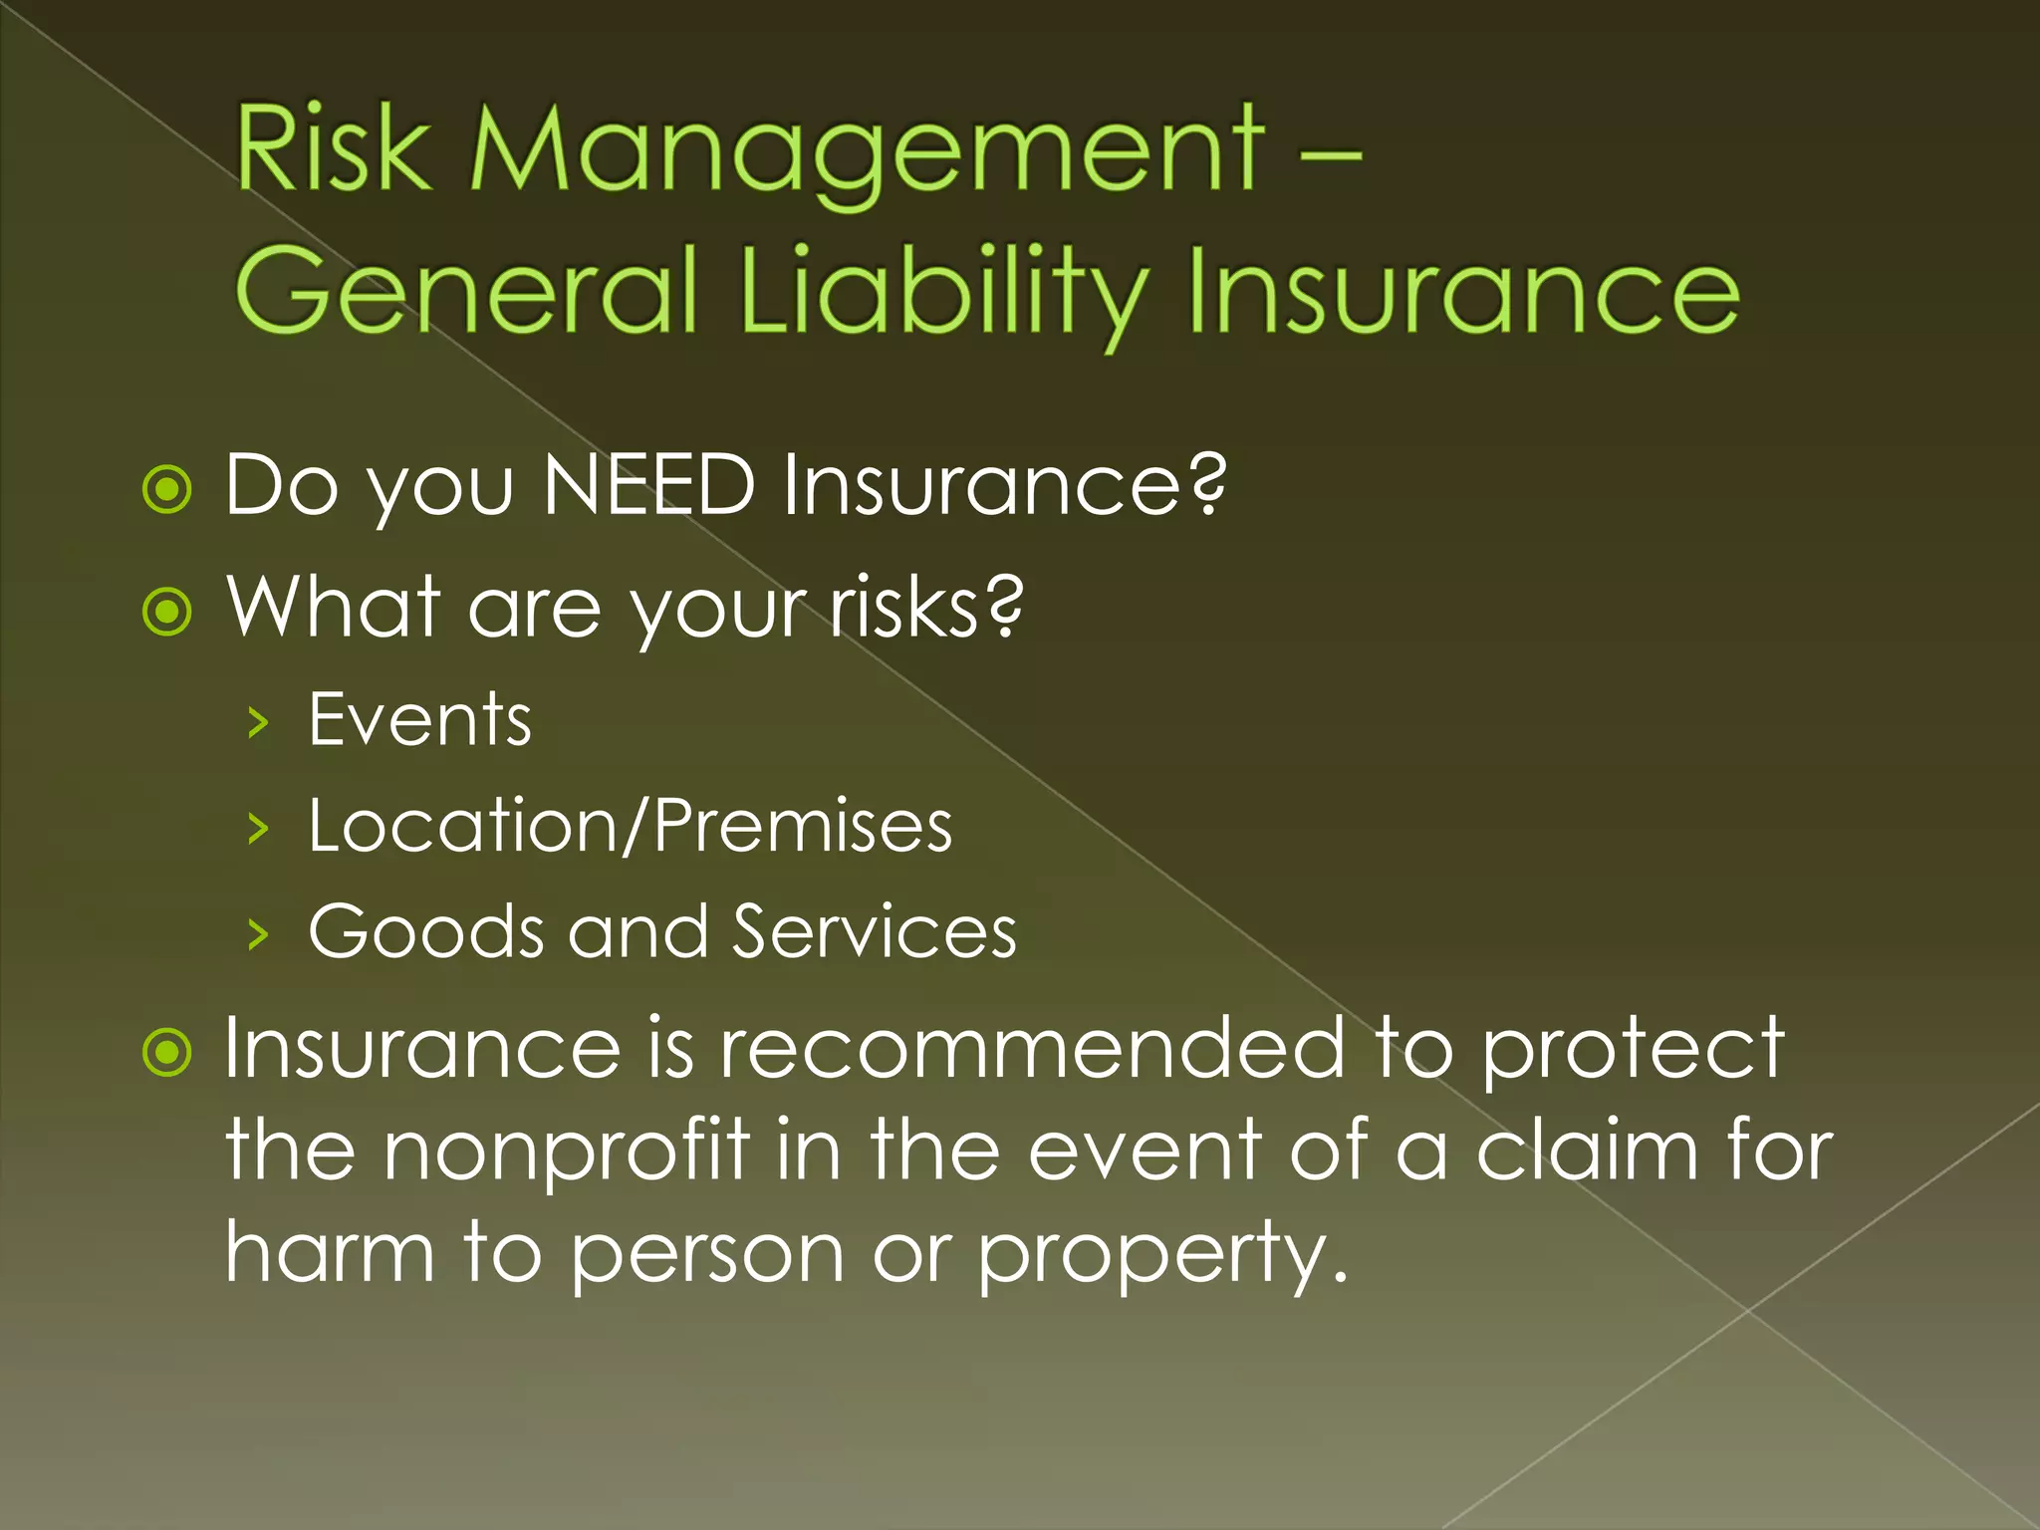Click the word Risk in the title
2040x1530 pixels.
pos(333,149)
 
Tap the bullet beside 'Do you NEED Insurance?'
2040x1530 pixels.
pos(166,490)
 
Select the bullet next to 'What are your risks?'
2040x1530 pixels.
pos(166,612)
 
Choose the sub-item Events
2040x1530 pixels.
pos(419,719)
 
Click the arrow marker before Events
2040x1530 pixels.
pos(258,722)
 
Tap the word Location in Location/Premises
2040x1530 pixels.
pos(463,826)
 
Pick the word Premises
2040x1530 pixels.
pos(804,826)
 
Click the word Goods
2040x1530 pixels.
pos(426,931)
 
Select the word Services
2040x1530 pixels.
pos(875,931)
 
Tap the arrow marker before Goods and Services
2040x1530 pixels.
pos(258,934)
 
